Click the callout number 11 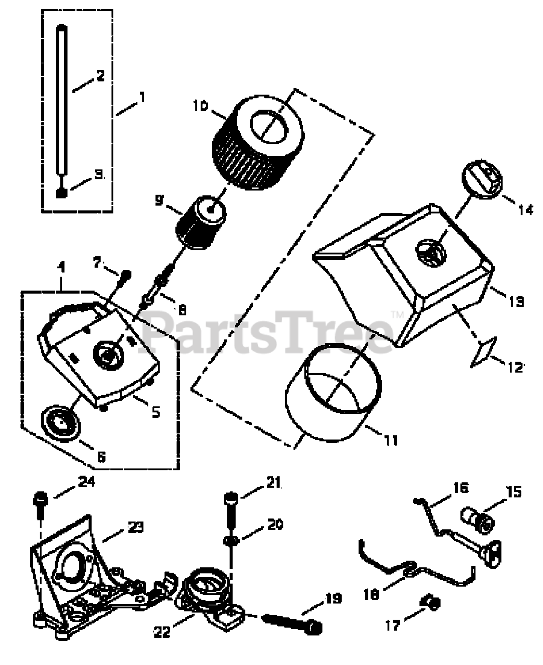[391, 441]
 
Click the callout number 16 [460, 488]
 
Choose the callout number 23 [135, 527]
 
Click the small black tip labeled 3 [61, 192]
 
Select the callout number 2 [99, 76]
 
